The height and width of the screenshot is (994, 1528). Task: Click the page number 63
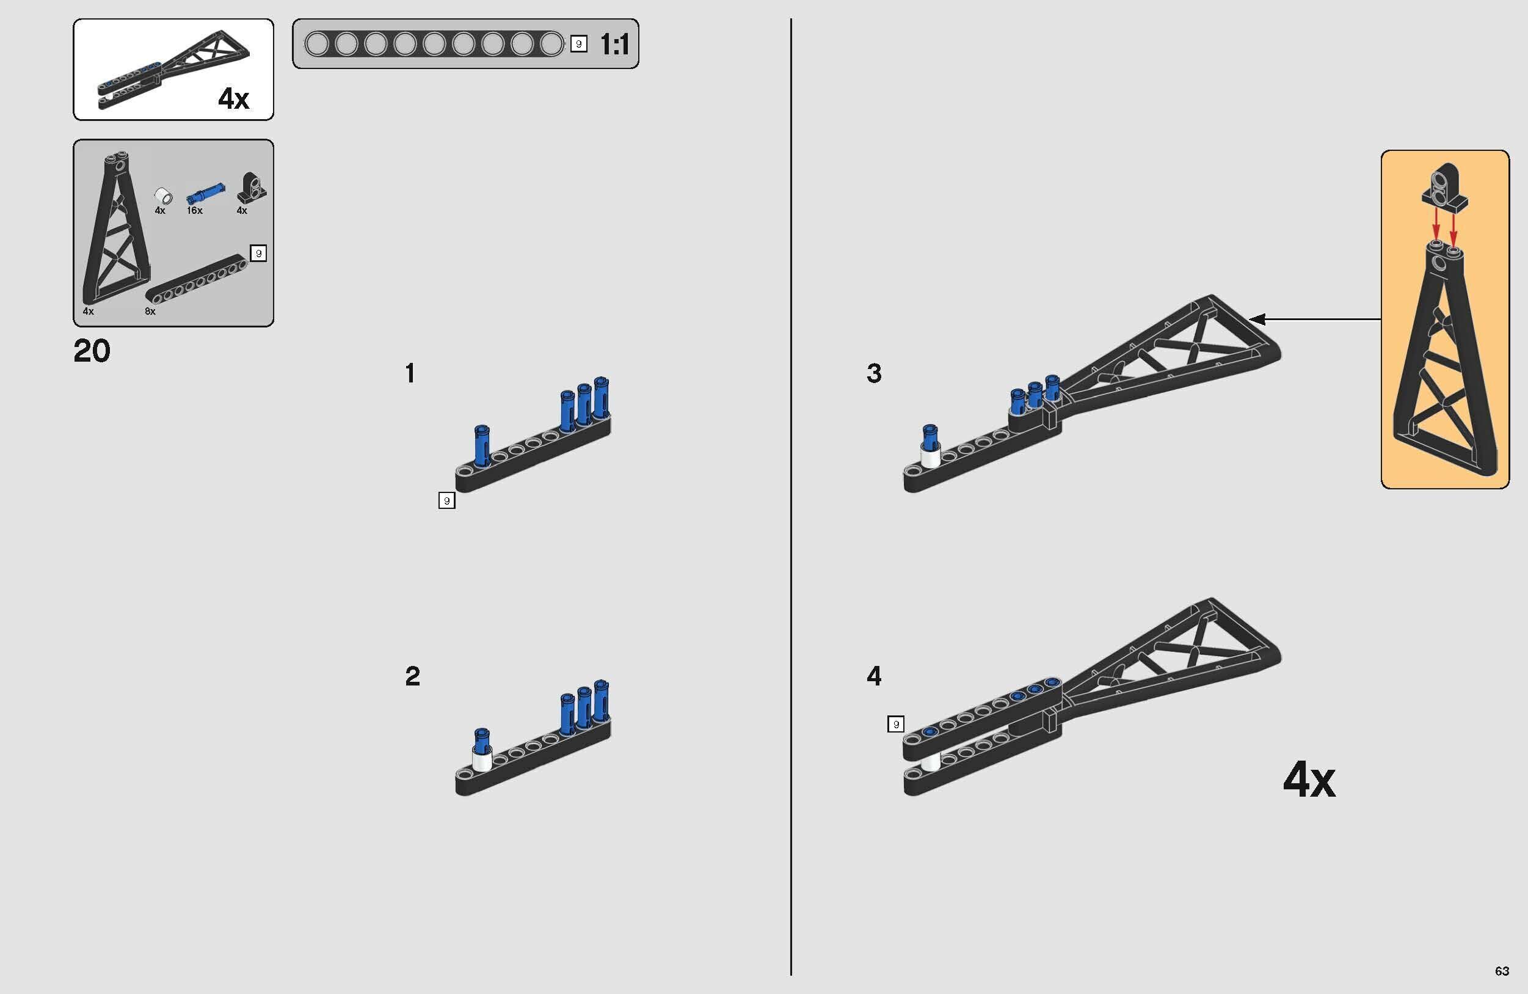(x=1502, y=971)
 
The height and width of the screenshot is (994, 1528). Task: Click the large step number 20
(x=92, y=351)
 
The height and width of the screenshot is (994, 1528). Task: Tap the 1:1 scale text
(x=614, y=45)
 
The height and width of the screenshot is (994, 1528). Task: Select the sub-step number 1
(x=410, y=373)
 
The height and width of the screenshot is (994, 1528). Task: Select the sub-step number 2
(x=412, y=676)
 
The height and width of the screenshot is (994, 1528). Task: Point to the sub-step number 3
(x=874, y=373)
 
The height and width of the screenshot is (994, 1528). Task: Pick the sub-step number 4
(x=874, y=676)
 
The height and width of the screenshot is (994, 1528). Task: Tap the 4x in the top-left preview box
(x=233, y=98)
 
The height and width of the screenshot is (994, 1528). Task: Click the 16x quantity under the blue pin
(x=195, y=211)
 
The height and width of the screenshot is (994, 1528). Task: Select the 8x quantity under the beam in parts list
(x=150, y=311)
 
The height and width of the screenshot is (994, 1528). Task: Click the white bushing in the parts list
(x=164, y=194)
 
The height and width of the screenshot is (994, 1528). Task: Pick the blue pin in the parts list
(x=205, y=191)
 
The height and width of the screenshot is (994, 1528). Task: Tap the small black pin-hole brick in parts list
(x=251, y=188)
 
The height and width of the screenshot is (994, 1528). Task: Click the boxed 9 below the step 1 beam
(x=447, y=500)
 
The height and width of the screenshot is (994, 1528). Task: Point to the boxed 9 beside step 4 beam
(x=896, y=725)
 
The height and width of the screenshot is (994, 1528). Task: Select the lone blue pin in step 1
(x=481, y=444)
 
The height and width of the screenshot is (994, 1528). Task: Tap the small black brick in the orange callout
(x=1445, y=192)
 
